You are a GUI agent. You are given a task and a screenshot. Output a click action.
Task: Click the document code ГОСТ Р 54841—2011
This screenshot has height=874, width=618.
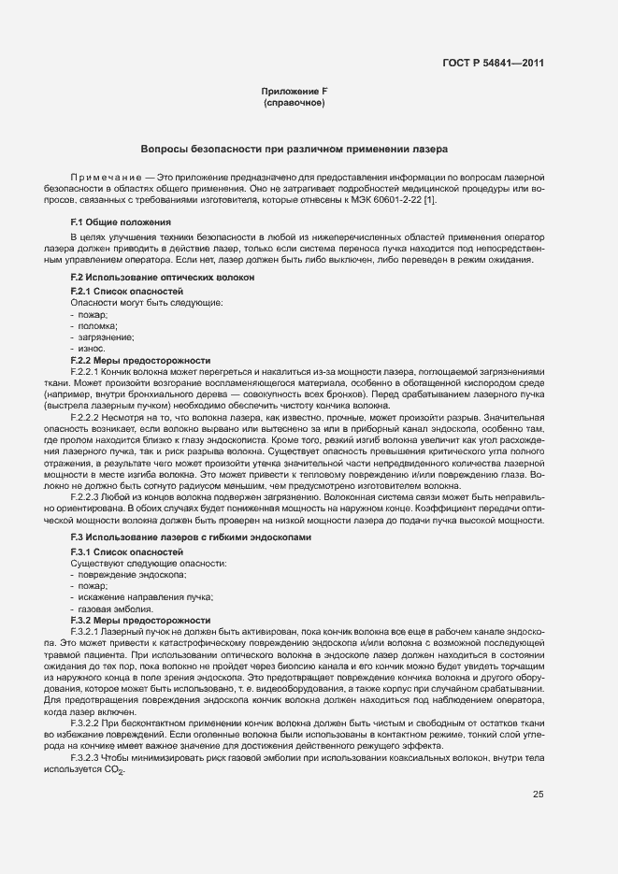click(493, 64)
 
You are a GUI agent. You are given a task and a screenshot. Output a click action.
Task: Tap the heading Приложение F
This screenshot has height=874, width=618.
click(295, 91)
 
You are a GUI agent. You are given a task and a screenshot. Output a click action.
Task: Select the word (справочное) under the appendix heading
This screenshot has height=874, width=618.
click(295, 102)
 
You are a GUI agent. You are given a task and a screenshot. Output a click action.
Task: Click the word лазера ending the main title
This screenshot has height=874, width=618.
click(431, 149)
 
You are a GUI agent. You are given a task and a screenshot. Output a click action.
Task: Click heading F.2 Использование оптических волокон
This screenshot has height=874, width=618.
click(149, 279)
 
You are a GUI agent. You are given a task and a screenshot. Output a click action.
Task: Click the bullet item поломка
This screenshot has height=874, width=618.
click(93, 326)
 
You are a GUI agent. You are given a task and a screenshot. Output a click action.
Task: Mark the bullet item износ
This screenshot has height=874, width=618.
click(89, 349)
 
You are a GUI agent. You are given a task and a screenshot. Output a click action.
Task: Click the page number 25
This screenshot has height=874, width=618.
click(539, 795)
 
